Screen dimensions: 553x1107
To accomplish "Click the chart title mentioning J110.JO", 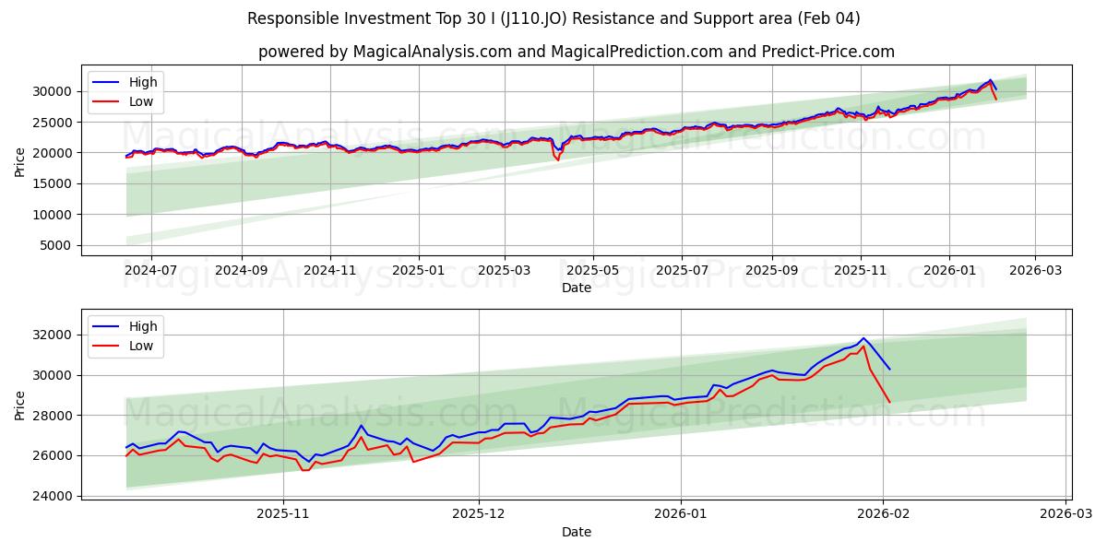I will pos(553,18).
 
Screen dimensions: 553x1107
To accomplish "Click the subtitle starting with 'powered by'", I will pos(576,52).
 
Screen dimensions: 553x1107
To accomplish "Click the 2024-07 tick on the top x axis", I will pos(150,272).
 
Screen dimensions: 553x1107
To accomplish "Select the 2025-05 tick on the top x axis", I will pos(592,272).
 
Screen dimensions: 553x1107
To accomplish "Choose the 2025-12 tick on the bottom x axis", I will pos(479,515).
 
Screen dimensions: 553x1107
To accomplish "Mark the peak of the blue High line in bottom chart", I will pos(863,338).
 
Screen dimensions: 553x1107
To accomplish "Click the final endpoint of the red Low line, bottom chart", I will pos(889,402).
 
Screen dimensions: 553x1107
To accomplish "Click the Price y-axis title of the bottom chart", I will pos(19,405).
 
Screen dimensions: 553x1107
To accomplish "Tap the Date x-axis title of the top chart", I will pos(576,288).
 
